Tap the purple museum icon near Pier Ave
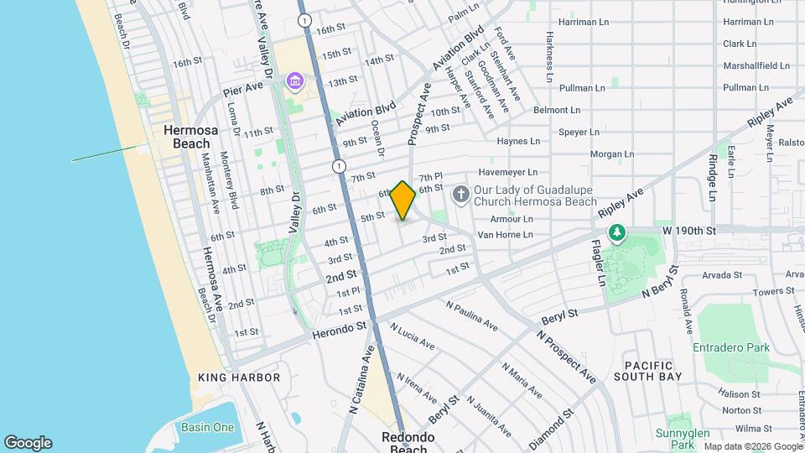[294, 81]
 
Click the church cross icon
[460, 195]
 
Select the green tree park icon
[617, 232]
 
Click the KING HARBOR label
[232, 378]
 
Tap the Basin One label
[207, 427]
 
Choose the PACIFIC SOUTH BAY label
[648, 372]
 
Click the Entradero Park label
[730, 347]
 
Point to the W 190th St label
[691, 230]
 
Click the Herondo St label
[340, 332]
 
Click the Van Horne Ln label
[505, 235]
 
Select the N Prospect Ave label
[567, 357]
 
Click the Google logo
[28, 443]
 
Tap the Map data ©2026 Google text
[752, 446]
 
